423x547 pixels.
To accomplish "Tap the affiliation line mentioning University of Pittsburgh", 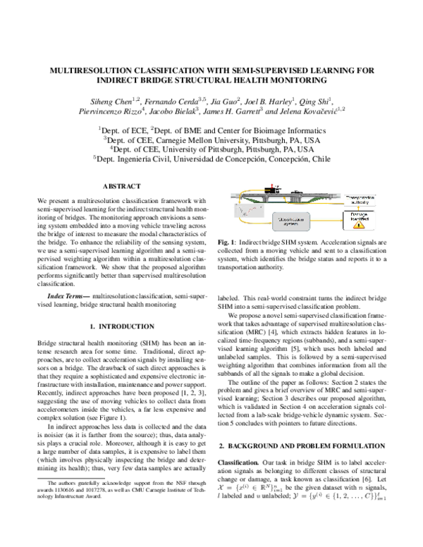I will coord(211,149).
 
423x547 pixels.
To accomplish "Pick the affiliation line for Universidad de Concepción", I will coord(211,159).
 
